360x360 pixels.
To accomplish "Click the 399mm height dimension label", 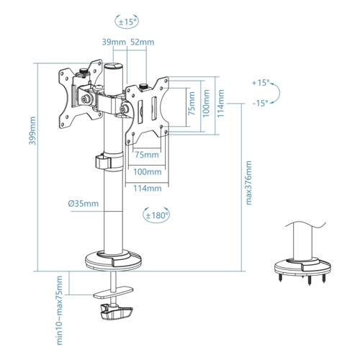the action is point(32,130).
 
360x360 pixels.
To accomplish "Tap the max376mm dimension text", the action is point(249,183).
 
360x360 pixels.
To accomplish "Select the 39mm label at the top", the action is point(114,42).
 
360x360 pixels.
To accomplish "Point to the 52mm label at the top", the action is point(142,42).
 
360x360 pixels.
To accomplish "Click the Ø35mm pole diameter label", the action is point(84,204).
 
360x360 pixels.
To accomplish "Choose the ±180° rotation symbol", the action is point(156,215).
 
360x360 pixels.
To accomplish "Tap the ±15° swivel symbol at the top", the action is point(127,22).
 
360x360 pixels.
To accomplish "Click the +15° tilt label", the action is point(260,83).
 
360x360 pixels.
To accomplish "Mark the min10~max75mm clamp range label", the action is point(59,310).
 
